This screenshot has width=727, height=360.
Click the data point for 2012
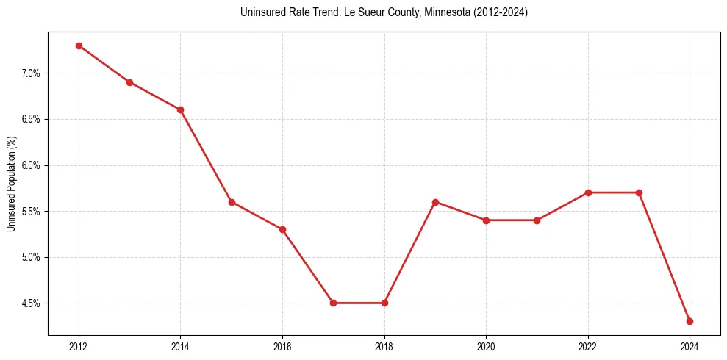[79, 46]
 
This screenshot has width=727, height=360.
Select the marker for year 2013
[129, 82]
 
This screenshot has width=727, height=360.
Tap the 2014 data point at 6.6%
[180, 109]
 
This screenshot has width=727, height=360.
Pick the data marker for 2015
[232, 202]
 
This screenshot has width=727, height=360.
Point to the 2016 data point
[282, 229]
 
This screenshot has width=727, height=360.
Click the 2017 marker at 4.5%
[333, 303]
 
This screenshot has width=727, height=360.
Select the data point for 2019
[435, 202]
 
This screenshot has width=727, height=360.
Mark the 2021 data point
[537, 220]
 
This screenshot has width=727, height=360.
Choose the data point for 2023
[639, 192]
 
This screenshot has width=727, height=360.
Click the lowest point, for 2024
[690, 321]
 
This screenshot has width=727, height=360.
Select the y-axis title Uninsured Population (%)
[11, 184]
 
